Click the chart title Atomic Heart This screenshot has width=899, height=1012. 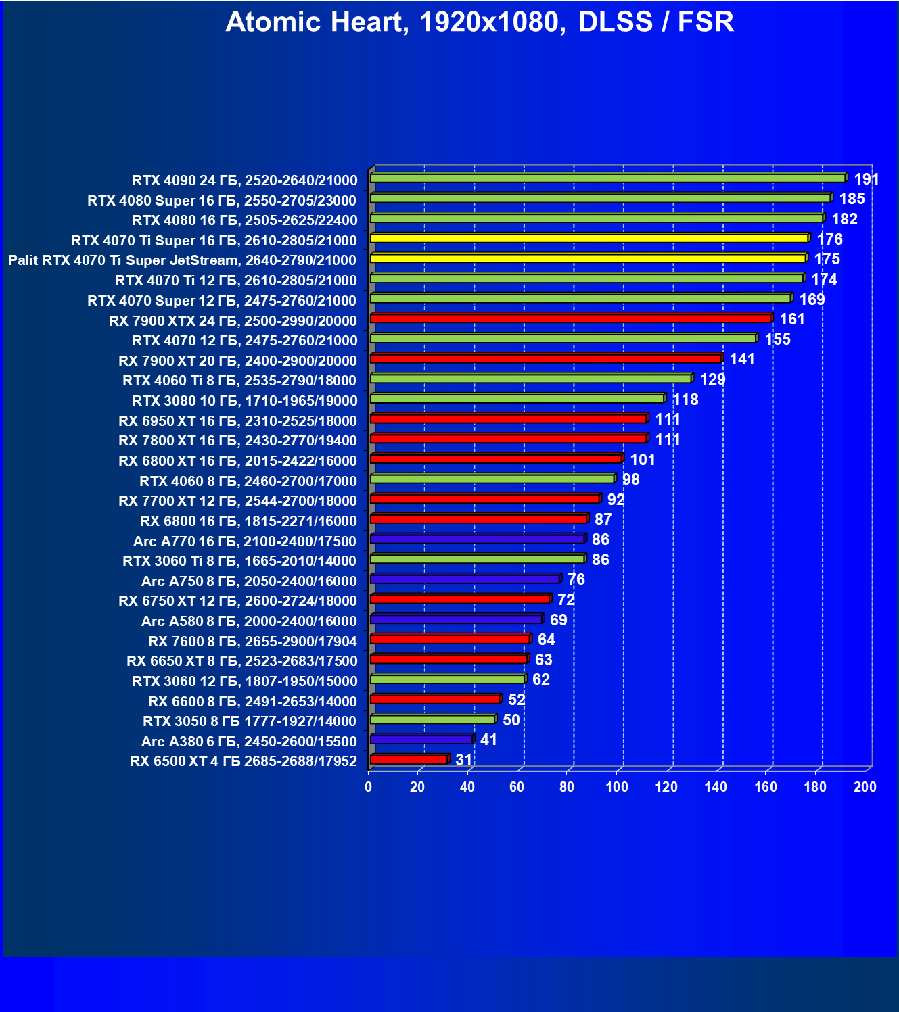click(x=479, y=22)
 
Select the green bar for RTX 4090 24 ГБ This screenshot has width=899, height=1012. click(x=607, y=178)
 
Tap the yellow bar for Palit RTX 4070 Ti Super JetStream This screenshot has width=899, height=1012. click(x=587, y=258)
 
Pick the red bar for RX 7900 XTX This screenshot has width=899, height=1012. click(x=570, y=318)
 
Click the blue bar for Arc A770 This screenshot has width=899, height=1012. click(x=477, y=539)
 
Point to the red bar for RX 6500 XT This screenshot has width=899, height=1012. click(x=409, y=760)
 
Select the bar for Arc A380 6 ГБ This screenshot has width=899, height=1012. click(x=421, y=740)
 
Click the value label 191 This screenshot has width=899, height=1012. click(x=866, y=179)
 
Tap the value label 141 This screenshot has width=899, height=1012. click(x=742, y=359)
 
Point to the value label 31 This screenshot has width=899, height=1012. click(x=463, y=760)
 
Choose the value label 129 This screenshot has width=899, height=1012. click(x=712, y=379)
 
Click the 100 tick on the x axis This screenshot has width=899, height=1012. click(x=616, y=787)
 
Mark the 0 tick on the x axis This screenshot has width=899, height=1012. click(x=369, y=787)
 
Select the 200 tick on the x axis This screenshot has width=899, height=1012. click(x=865, y=787)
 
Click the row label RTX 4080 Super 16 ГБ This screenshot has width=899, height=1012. click(x=222, y=201)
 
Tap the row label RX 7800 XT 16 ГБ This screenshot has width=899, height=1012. click(x=237, y=441)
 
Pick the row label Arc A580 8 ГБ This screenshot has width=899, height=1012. click(x=249, y=621)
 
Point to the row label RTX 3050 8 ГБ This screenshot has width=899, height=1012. click(x=250, y=721)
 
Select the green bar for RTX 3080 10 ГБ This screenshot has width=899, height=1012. click(x=517, y=399)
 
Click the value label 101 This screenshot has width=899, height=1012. click(x=643, y=460)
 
